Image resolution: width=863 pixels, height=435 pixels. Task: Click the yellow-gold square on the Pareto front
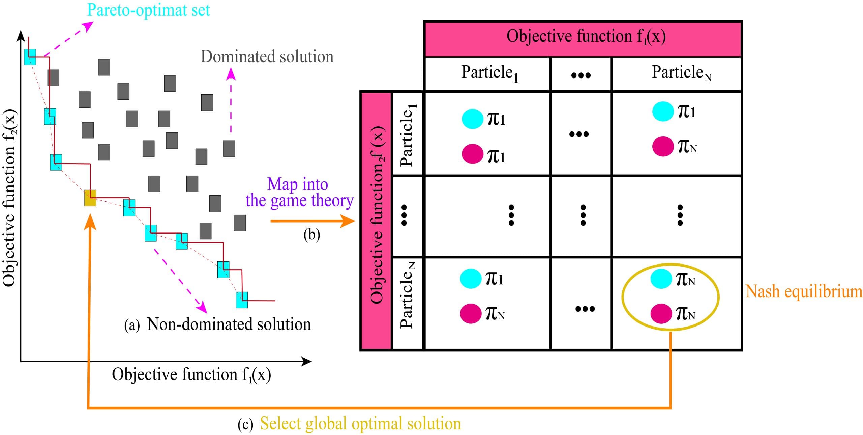coord(90,198)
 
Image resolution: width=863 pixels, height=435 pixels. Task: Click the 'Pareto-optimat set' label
coord(148,10)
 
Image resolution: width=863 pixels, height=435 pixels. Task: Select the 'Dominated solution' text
coord(267,57)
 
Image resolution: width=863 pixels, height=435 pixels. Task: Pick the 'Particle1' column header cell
coord(487,73)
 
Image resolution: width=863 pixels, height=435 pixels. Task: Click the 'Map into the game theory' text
coord(298,192)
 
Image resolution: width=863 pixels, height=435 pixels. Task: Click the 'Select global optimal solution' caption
coord(360,424)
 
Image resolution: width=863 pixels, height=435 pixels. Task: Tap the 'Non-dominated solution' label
coord(229,324)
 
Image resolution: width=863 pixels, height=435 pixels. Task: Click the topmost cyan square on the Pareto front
coord(30,57)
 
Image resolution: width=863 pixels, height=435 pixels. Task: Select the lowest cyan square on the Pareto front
coord(242,300)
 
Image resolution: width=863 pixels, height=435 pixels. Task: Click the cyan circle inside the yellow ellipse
coord(661,279)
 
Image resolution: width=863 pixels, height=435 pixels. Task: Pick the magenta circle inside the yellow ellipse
coord(661,313)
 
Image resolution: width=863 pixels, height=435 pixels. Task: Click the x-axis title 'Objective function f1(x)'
coord(191,375)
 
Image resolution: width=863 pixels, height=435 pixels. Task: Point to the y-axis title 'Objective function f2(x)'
coord(9,198)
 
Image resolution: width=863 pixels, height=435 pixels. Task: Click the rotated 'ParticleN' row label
coord(407,295)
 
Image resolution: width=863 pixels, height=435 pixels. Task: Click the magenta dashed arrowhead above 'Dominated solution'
coord(231,73)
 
